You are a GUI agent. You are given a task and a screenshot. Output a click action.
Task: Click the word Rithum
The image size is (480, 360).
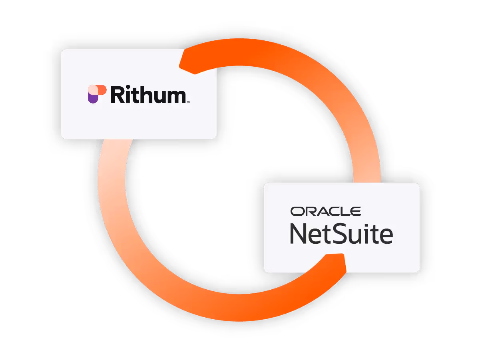[148, 95]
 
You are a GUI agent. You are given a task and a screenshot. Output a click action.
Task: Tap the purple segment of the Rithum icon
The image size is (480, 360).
[93, 98]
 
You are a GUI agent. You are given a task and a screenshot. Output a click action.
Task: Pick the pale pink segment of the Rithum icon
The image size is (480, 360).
[92, 90]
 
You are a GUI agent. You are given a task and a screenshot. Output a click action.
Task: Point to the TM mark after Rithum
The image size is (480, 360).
[188, 102]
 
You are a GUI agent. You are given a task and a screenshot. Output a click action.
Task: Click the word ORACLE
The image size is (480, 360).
[325, 211]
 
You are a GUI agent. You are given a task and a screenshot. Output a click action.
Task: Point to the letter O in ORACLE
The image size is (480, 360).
[297, 211]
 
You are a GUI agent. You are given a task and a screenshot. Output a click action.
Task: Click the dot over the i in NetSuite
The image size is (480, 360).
[369, 225]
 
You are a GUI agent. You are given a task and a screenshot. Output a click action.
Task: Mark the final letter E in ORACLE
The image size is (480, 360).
[357, 211]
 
